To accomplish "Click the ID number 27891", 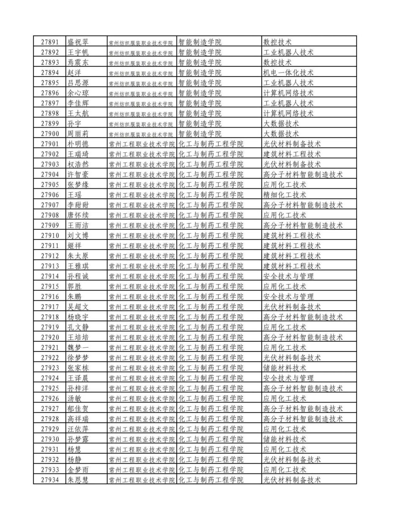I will click(x=50, y=42).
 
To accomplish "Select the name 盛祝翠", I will click(x=78, y=42).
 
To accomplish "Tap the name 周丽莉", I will click(x=78, y=134).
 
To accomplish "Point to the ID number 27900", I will click(x=50, y=134).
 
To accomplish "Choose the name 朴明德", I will click(x=78, y=144).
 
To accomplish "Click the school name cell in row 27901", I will click(x=142, y=144).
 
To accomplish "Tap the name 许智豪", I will click(x=78, y=174).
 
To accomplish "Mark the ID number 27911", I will click(x=50, y=246).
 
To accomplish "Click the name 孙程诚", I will click(x=78, y=276).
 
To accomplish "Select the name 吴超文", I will click(x=78, y=307).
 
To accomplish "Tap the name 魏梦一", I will click(x=78, y=348).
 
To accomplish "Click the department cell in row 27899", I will click(x=200, y=124).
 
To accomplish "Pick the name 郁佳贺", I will click(x=78, y=408).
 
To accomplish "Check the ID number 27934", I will click(x=50, y=480).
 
